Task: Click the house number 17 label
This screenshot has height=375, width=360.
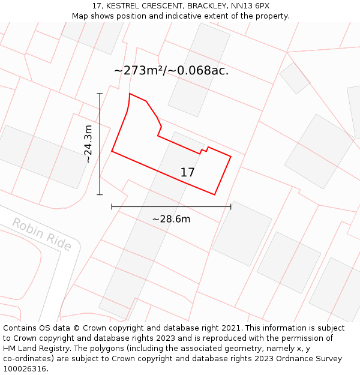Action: point(187,173)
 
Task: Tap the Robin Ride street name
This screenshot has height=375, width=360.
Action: point(41,235)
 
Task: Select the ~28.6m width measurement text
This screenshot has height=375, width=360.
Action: point(171,219)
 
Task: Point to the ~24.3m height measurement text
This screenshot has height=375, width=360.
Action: point(88,144)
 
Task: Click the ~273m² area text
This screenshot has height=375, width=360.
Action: point(139,71)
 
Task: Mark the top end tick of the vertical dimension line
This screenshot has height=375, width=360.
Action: point(100,94)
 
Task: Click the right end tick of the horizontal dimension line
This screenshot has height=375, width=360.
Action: point(231,206)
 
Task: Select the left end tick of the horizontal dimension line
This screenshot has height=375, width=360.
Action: point(112,206)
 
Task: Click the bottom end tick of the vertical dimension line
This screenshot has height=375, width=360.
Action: point(100,194)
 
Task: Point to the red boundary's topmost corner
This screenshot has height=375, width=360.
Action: point(130,94)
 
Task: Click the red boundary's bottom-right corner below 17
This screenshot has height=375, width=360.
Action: point(215,194)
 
